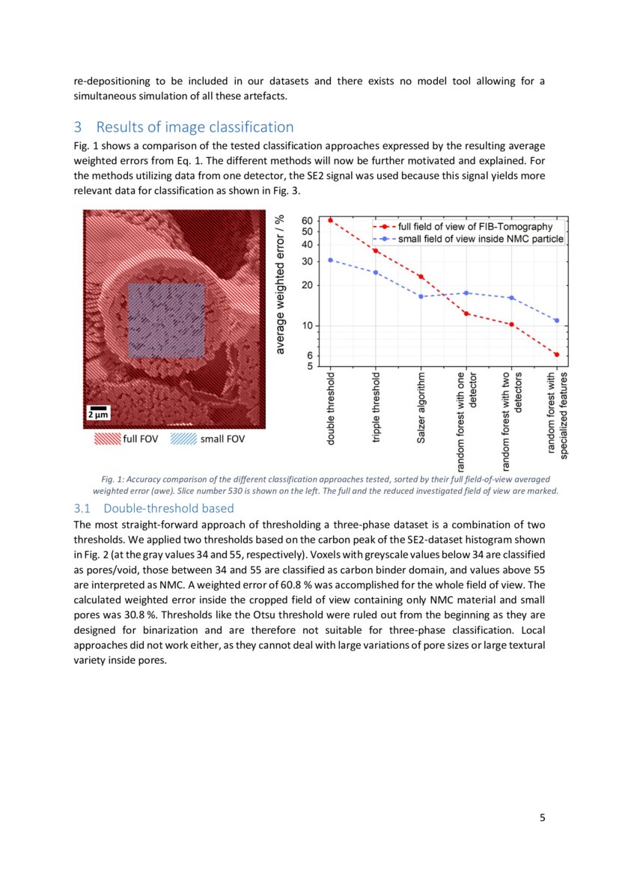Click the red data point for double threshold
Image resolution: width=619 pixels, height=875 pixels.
(330, 220)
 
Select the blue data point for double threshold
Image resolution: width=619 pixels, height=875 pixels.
(330, 260)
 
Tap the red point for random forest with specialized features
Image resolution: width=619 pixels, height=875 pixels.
(557, 355)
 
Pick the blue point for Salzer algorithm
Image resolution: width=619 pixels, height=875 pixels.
(421, 296)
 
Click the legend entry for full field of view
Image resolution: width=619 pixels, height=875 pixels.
(463, 226)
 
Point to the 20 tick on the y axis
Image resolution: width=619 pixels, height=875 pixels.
(307, 286)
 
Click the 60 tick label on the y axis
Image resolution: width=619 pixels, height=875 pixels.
(307, 221)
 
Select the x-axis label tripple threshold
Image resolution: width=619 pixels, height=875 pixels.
(376, 408)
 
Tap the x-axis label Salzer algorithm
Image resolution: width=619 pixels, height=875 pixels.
(421, 406)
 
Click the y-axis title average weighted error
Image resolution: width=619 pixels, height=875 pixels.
(280, 285)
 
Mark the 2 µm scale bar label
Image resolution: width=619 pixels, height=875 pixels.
(99, 414)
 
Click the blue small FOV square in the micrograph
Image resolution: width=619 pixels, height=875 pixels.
(165, 320)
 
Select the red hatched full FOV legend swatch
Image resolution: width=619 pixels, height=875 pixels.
(107, 439)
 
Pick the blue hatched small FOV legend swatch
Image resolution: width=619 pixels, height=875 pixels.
(183, 439)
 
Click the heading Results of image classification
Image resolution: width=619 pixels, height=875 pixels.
(195, 127)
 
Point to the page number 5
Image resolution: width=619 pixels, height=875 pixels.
(542, 817)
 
